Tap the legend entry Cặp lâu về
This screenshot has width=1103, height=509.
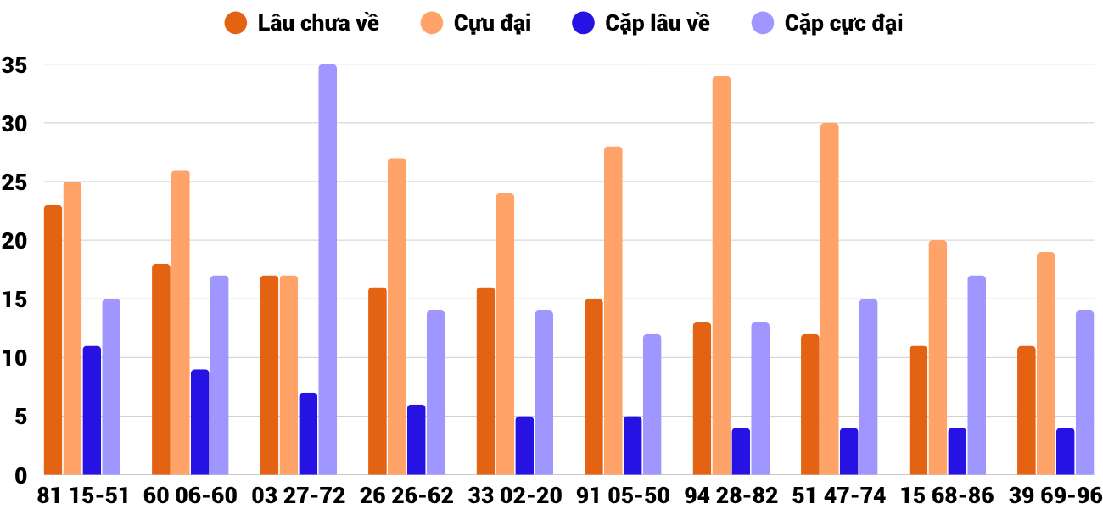(641, 23)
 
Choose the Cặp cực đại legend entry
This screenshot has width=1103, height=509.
(827, 23)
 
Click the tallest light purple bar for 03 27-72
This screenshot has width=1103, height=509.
(328, 270)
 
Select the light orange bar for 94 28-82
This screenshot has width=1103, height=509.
(721, 276)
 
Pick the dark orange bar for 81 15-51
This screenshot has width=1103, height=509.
(53, 339)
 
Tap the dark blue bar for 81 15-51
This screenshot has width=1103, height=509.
(92, 411)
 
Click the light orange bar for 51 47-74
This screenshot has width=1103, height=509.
(830, 299)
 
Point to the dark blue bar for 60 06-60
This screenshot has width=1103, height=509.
(200, 422)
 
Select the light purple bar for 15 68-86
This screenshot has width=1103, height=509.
(977, 375)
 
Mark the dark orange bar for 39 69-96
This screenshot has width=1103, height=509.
(1027, 411)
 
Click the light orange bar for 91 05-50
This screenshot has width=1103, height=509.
(613, 310)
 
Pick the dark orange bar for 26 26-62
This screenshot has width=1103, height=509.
(378, 381)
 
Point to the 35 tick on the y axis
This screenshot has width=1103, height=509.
(15, 65)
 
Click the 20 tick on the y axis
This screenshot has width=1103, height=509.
(15, 241)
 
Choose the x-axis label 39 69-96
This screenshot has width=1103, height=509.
(1055, 495)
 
